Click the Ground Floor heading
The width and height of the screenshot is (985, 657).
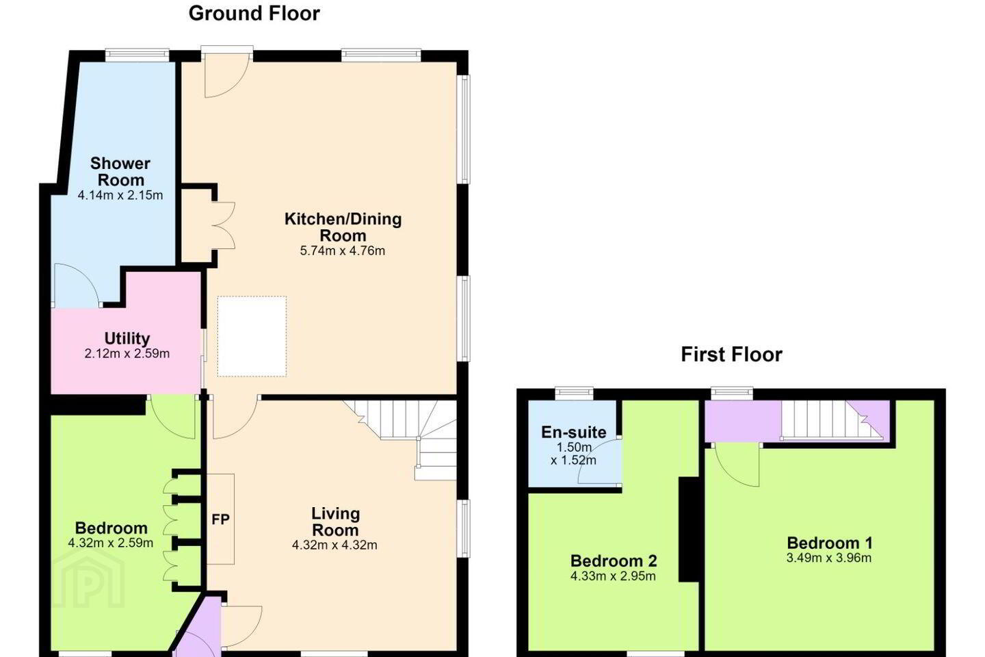(x=254, y=14)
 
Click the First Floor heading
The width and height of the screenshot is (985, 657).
(x=732, y=355)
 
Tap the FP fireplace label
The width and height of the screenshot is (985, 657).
(x=220, y=519)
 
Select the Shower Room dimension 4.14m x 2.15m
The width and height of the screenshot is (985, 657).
(x=120, y=195)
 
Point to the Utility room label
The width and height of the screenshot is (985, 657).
(x=127, y=338)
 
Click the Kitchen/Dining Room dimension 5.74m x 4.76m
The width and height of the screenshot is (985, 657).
(x=343, y=251)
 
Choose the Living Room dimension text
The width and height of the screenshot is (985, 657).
(x=334, y=545)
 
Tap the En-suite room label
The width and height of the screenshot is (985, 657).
(x=574, y=432)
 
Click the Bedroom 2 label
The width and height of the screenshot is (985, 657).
(x=614, y=561)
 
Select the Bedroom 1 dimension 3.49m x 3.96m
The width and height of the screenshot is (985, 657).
(x=829, y=558)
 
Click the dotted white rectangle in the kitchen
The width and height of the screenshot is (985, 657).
(x=252, y=336)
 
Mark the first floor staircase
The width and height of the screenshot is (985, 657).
(x=831, y=420)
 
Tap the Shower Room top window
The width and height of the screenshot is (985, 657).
(x=137, y=55)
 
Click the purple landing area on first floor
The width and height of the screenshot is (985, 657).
(x=743, y=420)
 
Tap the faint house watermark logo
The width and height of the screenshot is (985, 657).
(x=89, y=578)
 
